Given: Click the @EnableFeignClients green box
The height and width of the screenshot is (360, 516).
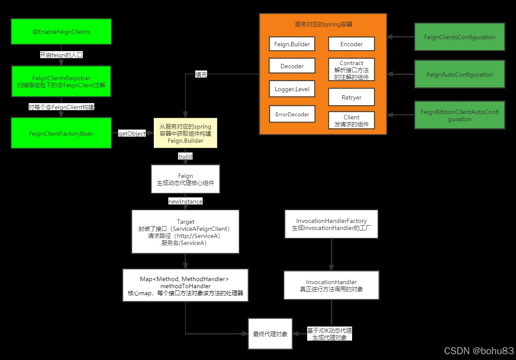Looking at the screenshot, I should (x=61, y=31).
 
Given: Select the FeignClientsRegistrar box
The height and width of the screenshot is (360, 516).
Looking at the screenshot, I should (x=61, y=81).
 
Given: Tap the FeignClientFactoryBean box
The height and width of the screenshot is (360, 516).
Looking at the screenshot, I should (x=61, y=133).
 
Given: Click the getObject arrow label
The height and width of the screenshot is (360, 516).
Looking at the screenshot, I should (x=132, y=134).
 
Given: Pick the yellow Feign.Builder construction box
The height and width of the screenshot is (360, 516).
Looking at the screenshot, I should (x=185, y=133).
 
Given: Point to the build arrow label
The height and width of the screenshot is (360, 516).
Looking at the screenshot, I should (x=185, y=156).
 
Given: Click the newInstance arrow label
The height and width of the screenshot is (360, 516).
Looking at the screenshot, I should (x=185, y=201).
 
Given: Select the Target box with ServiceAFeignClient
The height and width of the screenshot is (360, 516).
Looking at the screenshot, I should (x=185, y=231).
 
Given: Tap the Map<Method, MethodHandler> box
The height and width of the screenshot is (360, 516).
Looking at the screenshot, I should (x=185, y=285).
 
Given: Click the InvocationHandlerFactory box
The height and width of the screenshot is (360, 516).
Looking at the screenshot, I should (x=331, y=224).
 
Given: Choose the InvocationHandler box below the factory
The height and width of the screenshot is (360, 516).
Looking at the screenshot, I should (x=331, y=285).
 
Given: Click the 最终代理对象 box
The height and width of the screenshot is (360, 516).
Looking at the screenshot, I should (x=270, y=334).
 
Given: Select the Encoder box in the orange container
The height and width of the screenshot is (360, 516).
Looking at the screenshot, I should (x=351, y=44).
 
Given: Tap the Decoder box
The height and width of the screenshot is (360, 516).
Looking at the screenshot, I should (x=292, y=66).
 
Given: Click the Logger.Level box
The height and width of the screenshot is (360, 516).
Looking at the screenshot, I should (x=292, y=89).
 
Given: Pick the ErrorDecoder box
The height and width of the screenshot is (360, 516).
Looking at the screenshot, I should (x=292, y=114).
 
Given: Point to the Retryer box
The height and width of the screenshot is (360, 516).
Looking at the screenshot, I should (x=351, y=97).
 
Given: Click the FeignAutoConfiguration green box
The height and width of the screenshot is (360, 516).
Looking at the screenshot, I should (x=460, y=74).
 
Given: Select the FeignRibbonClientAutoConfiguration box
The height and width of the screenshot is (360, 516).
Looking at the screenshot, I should (x=460, y=115).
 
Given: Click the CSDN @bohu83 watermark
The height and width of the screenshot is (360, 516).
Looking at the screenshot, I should (x=479, y=351).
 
